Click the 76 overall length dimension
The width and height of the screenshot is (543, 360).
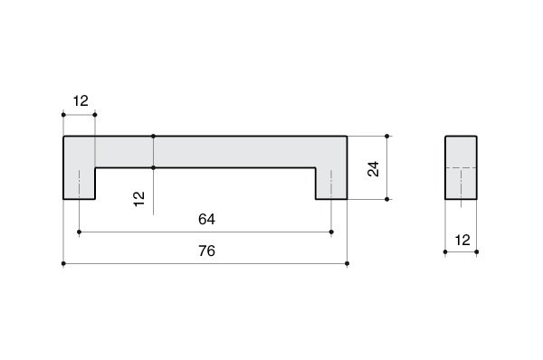[x=206, y=251]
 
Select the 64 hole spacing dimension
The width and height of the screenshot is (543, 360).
[x=206, y=219]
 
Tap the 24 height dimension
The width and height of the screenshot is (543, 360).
[x=373, y=169]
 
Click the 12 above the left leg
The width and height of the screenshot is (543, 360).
[x=81, y=101]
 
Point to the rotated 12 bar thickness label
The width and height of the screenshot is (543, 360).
[x=138, y=199]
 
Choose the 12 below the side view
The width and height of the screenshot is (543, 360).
[x=462, y=241]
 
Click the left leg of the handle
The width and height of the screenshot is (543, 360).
[x=80, y=184]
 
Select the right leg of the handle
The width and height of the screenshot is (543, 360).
[x=331, y=184]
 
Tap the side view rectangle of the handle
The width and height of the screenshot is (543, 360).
[x=461, y=167]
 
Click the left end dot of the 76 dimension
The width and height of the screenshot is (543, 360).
[x=63, y=264]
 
